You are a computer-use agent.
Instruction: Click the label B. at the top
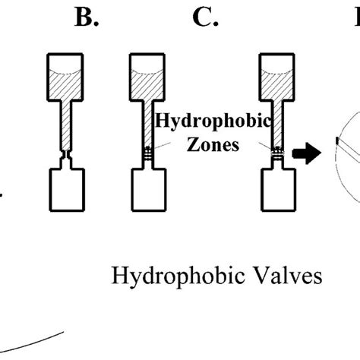(x=87, y=18)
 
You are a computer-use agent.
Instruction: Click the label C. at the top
(x=206, y=18)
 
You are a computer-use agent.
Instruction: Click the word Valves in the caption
(x=284, y=275)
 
